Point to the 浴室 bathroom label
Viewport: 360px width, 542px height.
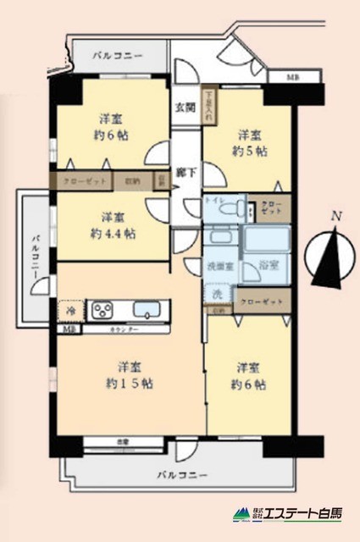click(268, 265)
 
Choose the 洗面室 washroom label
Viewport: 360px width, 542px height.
click(220, 266)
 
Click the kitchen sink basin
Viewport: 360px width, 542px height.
click(152, 310)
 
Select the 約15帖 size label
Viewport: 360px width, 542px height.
click(130, 384)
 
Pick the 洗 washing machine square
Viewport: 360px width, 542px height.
click(217, 296)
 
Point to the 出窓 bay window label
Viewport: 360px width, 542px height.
click(124, 441)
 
